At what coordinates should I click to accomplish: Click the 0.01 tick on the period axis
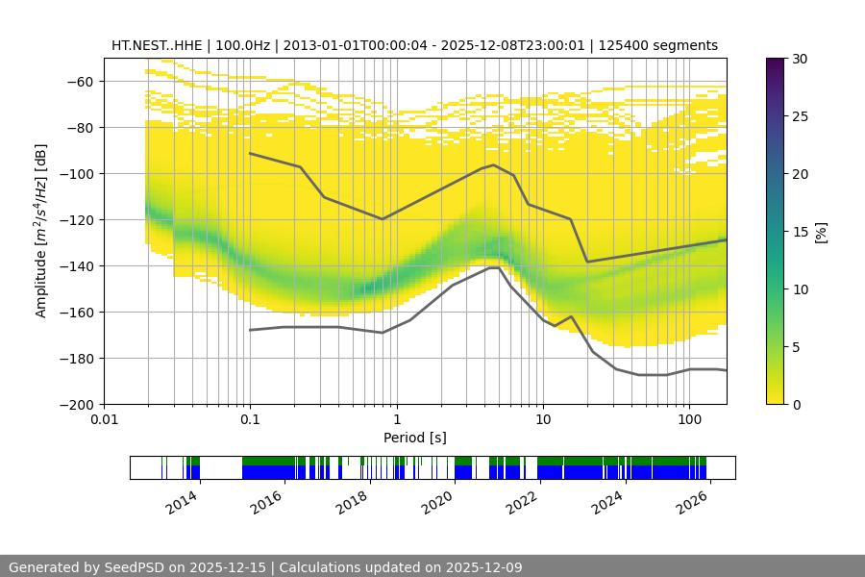104,420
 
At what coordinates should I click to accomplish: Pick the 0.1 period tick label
250,420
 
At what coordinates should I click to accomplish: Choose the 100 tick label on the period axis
688,420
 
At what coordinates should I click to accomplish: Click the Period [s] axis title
415,438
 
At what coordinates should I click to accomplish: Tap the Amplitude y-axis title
40,231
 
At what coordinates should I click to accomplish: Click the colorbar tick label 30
800,59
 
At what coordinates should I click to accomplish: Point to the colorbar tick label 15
800,232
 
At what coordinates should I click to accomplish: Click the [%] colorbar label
820,232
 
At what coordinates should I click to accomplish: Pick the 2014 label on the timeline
183,501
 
